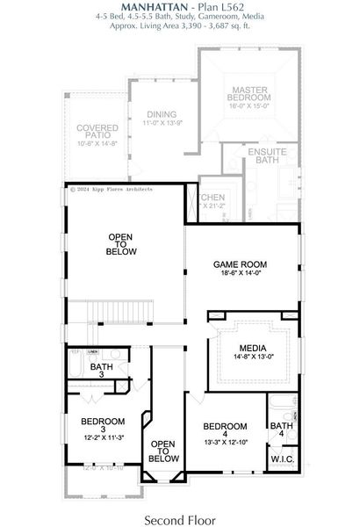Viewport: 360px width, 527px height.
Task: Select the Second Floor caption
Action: [179, 519]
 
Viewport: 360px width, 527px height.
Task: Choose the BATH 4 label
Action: [281, 431]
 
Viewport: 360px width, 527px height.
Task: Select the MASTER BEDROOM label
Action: [250, 94]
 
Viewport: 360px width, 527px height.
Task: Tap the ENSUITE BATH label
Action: [262, 156]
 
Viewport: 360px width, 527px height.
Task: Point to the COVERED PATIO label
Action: [97, 134]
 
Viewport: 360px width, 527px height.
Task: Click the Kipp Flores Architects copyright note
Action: [111, 189]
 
